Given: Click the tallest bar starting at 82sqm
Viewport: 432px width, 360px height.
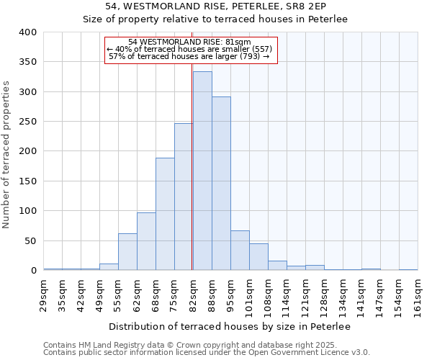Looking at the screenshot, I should tap(202, 171).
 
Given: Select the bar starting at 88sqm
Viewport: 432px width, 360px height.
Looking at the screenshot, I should tap(221, 184).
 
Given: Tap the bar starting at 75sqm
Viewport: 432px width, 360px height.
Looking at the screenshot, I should tap(184, 197).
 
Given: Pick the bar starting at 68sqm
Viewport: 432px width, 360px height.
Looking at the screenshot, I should tap(165, 214).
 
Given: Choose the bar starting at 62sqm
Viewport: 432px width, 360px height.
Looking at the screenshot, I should tap(146, 241).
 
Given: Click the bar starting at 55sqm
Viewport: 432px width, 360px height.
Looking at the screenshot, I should tap(127, 252).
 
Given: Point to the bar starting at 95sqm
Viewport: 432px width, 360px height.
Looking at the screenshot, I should tap(240, 251).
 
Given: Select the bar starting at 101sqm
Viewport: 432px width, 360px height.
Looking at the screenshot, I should tap(258, 257).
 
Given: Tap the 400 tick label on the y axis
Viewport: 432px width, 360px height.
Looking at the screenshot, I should tap(28, 32).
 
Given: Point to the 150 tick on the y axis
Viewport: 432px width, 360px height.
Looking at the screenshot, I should tap(28, 181).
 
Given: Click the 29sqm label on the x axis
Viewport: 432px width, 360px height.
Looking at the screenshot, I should tap(44, 296).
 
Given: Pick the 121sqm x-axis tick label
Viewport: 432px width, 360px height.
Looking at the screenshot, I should tap(305, 296).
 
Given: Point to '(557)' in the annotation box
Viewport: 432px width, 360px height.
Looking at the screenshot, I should tap(260, 49).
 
